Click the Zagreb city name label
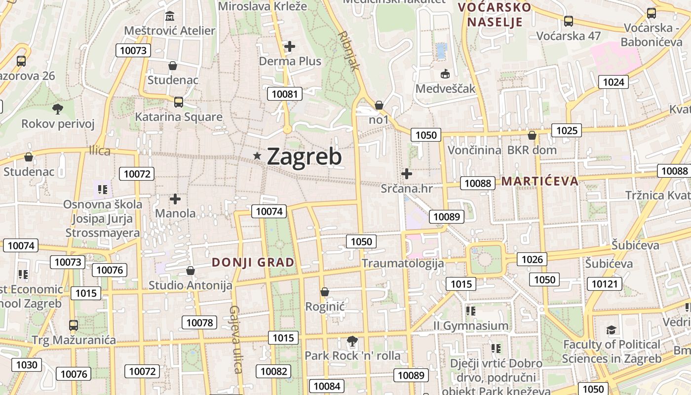(x=304, y=157)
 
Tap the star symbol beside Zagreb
(x=257, y=156)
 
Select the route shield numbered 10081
(x=285, y=94)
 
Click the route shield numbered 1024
(x=614, y=82)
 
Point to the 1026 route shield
(x=532, y=259)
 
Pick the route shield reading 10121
(x=605, y=283)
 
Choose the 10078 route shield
(x=199, y=323)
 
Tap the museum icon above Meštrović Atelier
(x=170, y=16)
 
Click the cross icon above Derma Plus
(x=290, y=46)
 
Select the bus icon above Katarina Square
(x=179, y=102)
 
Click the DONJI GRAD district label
(x=253, y=263)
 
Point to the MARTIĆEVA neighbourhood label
(x=539, y=181)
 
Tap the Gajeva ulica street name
(x=235, y=339)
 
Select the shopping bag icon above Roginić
(x=324, y=292)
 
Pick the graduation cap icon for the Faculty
(x=612, y=330)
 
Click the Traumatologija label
(x=403, y=263)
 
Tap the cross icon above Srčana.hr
(x=407, y=174)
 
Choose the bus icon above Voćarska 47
(x=569, y=21)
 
